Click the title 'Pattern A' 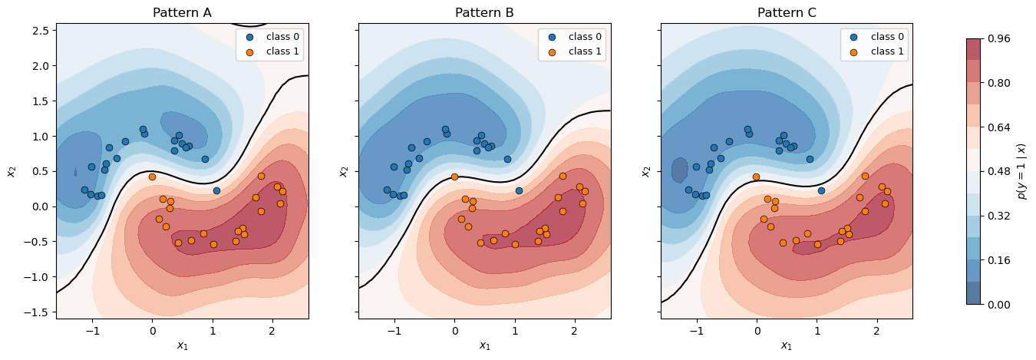(x=182, y=12)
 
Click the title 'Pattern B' (x=484, y=12)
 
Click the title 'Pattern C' (x=787, y=12)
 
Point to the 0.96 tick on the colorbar (x=998, y=38)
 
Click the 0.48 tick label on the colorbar (x=998, y=171)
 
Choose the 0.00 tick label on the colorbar (x=998, y=305)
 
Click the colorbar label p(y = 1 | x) (x=1022, y=171)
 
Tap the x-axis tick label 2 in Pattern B (x=574, y=330)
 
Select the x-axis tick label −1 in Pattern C (x=695, y=330)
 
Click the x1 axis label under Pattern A (x=182, y=345)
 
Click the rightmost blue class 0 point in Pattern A (x=216, y=190)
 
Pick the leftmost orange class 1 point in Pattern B (x=454, y=177)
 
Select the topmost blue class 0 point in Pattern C (x=747, y=129)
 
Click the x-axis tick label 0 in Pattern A (x=152, y=330)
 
